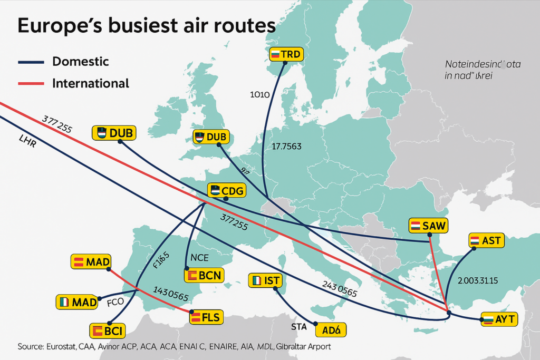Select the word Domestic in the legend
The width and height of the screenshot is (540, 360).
pyautogui.click(x=81, y=62)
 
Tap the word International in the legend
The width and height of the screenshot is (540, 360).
pyautogui.click(x=91, y=83)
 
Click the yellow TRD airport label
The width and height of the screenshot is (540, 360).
pyautogui.click(x=286, y=54)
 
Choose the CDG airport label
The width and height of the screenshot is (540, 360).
pyautogui.click(x=227, y=191)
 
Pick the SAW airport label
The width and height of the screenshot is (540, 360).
pyautogui.click(x=428, y=226)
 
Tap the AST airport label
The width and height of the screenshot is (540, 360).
pyautogui.click(x=487, y=241)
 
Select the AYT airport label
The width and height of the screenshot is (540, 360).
pyautogui.click(x=499, y=319)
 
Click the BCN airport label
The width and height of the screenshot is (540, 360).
pyautogui.click(x=203, y=275)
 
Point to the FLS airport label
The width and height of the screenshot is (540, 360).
pyautogui.click(x=206, y=317)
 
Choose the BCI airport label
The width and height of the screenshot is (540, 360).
pyautogui.click(x=108, y=331)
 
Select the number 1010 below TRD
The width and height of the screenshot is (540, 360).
pyautogui.click(x=259, y=95)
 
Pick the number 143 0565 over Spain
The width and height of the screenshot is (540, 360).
pyautogui.click(x=170, y=294)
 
